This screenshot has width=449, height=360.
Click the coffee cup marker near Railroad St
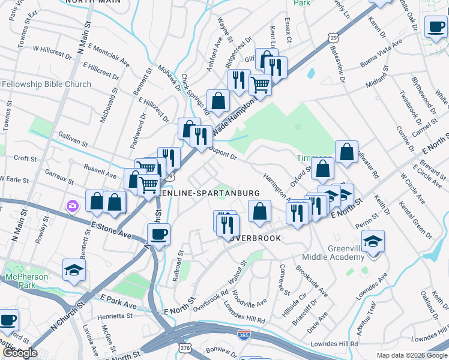coord(158,235)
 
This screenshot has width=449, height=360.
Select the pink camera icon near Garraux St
coord(72,206)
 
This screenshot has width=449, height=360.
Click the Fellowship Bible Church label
coord(47,85)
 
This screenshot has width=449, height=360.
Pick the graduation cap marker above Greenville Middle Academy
coord(373,241)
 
